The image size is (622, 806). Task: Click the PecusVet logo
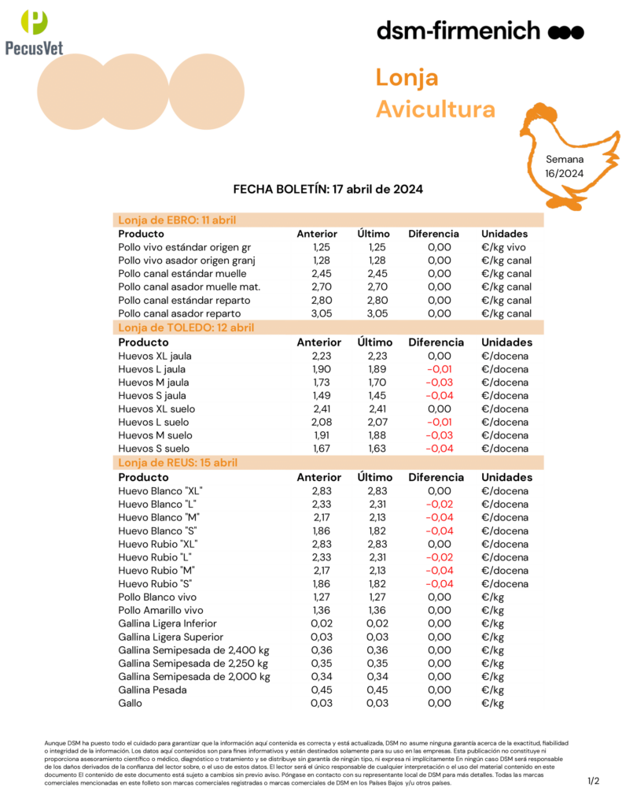(33, 31)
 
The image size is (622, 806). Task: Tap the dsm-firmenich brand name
(458, 31)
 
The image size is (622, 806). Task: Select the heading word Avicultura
(435, 109)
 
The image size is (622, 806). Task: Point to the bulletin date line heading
(329, 189)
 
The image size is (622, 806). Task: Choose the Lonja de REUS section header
(177, 463)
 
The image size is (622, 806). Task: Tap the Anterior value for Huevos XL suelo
(316, 409)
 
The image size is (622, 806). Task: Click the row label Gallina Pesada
(153, 690)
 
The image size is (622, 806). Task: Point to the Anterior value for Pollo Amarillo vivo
(316, 610)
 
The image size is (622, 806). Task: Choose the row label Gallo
(130, 703)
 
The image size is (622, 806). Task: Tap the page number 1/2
(593, 781)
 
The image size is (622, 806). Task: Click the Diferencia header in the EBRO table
(433, 234)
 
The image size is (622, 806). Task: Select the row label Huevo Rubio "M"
(155, 570)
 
